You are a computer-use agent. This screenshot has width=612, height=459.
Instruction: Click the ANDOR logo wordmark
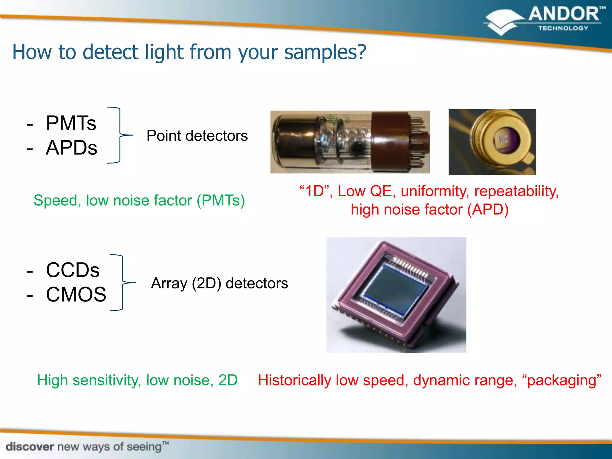[564, 14]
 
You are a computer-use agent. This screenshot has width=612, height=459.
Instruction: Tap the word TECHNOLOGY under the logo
[563, 28]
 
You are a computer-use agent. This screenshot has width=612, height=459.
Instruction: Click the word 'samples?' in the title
[325, 52]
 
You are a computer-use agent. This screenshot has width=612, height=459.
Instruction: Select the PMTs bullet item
[71, 123]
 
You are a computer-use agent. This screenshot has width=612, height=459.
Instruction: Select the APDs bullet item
[71, 148]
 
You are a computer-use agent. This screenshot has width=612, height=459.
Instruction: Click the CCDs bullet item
[73, 270]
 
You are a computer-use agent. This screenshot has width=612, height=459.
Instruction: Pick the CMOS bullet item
[76, 295]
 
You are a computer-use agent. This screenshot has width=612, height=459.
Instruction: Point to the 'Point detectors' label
[197, 136]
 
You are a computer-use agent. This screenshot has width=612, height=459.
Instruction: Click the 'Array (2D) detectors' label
[219, 283]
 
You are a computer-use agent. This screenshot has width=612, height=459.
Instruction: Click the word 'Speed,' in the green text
[57, 201]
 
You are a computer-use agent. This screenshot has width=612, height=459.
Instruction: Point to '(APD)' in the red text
[488, 209]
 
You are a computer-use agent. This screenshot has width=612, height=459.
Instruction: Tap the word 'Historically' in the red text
[294, 380]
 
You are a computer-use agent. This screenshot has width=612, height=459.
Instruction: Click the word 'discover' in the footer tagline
[30, 447]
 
